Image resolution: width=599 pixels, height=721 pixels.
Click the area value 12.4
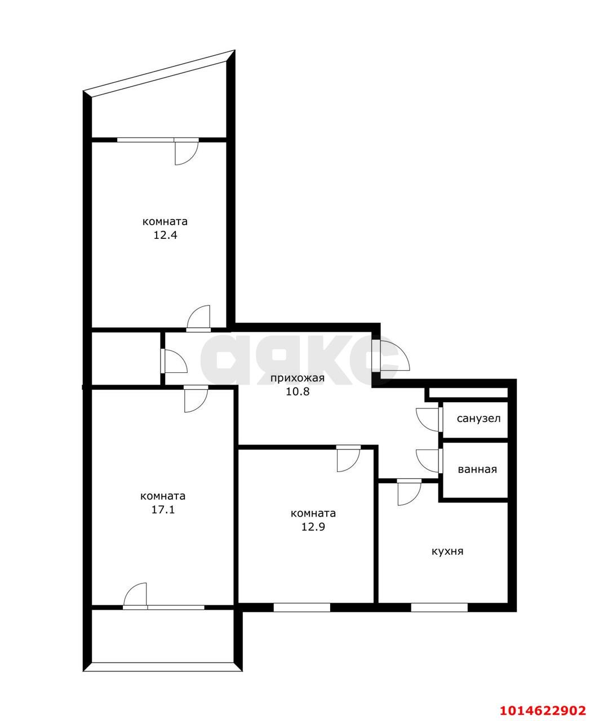(x=165, y=235)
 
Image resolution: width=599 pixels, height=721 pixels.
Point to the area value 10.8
(x=298, y=391)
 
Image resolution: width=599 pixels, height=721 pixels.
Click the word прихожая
(x=297, y=378)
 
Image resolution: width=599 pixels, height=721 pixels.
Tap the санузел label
(x=478, y=419)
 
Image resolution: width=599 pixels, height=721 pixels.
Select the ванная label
(x=477, y=469)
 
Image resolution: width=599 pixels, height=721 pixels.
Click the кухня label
(x=447, y=551)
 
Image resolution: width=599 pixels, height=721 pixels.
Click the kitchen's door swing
(x=409, y=492)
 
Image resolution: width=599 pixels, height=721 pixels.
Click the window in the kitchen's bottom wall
(x=440, y=607)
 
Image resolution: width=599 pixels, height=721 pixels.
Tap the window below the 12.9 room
(x=302, y=607)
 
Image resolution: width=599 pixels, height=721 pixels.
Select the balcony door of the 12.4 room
(x=185, y=151)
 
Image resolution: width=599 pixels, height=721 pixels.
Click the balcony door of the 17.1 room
(x=136, y=596)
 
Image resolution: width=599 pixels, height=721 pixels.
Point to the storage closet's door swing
(x=173, y=361)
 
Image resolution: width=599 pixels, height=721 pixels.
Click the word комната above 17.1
(x=162, y=496)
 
